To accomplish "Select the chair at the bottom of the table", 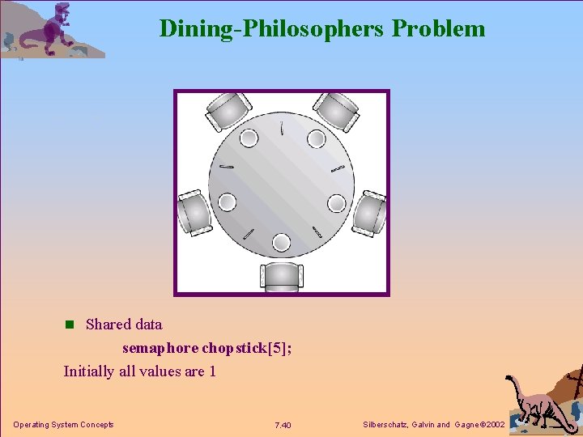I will click(281, 276).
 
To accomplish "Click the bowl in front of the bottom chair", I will click(281, 241).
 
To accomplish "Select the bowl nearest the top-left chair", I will click(249, 138).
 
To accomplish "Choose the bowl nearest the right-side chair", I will click(336, 202).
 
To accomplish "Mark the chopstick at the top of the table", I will click(281, 129).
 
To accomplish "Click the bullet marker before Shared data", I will click(69, 325).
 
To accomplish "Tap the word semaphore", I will click(160, 348).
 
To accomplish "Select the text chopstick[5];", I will click(247, 348).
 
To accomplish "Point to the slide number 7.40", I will click(283, 425).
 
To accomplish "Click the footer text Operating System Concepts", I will click(63, 425).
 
